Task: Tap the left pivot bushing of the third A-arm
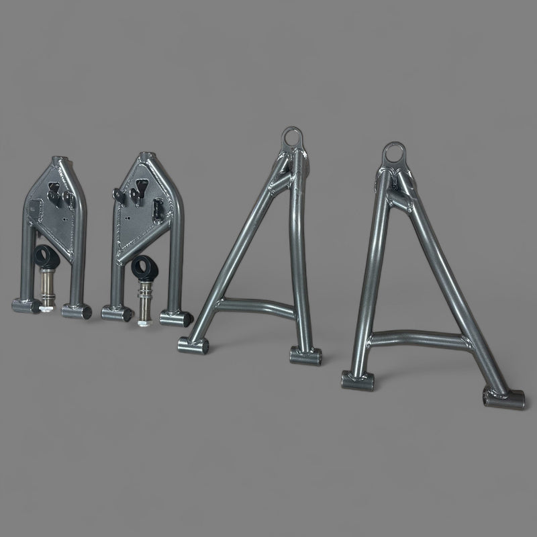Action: (x=193, y=345)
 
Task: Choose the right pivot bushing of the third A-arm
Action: (x=305, y=354)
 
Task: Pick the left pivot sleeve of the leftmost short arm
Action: (x=26, y=307)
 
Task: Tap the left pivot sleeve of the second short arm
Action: (x=116, y=313)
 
